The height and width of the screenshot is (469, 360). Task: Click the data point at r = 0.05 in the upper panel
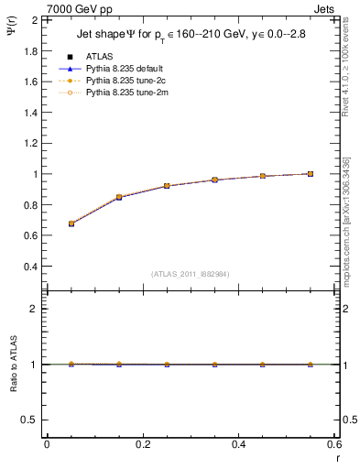71,224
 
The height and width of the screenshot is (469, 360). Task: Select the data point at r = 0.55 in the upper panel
311,173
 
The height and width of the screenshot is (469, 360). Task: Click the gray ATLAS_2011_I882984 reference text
190,274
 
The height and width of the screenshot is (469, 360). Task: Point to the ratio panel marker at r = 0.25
167,364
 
